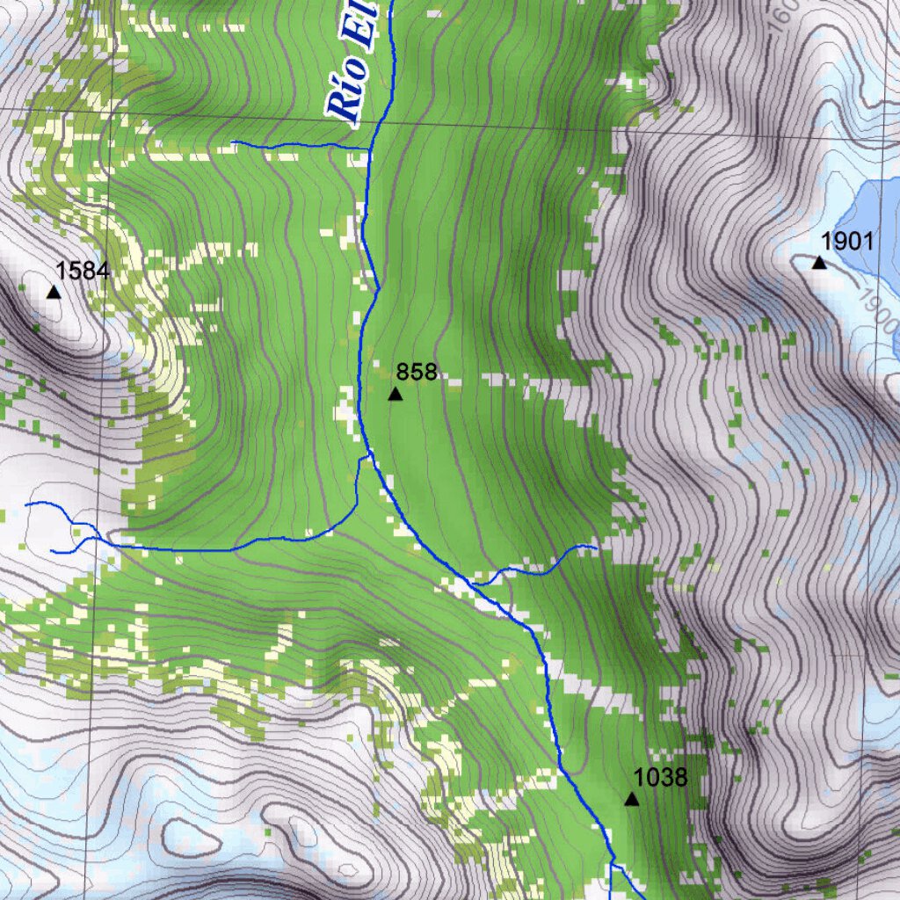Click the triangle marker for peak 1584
pyautogui.click(x=54, y=292)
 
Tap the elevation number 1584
pyautogui.click(x=83, y=271)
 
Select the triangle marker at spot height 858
pyautogui.click(x=396, y=394)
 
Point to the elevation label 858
pyautogui.click(x=417, y=372)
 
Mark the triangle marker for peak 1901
pyautogui.click(x=819, y=262)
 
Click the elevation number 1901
pyautogui.click(x=846, y=241)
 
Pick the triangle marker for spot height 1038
pyautogui.click(x=631, y=799)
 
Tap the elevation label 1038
pyautogui.click(x=660, y=778)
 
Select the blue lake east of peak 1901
pyautogui.click(x=870, y=211)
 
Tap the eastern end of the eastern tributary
pyautogui.click(x=597, y=548)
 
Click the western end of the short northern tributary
pyautogui.click(x=233, y=141)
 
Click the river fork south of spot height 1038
pyautogui.click(x=610, y=866)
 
